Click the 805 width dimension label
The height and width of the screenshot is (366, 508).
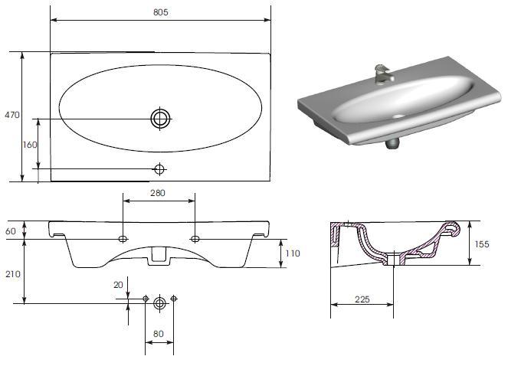pos(161,12)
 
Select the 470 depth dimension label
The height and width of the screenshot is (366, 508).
pos(12,115)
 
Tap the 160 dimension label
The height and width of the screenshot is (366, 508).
pos(30,145)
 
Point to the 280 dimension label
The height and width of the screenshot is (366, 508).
pos(158,193)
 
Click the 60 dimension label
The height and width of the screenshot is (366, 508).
pos(11,231)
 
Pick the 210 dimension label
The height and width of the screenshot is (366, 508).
pos(12,274)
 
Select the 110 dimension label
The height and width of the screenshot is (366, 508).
pos(293,253)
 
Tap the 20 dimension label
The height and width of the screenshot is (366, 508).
pos(118,285)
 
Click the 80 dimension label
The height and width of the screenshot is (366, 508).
pos(158,334)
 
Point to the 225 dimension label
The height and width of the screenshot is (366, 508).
pos(362,299)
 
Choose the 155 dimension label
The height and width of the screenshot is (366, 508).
pos(482,244)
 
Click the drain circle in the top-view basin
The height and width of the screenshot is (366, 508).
pos(160,119)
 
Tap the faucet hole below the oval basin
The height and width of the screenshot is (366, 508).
pos(159,168)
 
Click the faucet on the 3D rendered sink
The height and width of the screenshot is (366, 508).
pos(383,74)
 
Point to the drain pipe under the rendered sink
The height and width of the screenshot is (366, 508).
pos(392,143)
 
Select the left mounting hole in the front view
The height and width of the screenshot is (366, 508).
pos(123,239)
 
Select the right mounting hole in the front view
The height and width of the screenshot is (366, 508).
pos(195,239)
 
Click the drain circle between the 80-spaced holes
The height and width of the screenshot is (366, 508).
pos(159,303)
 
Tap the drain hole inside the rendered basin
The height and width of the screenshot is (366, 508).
pos(398,116)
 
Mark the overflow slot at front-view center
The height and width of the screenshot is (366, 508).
pos(159,254)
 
